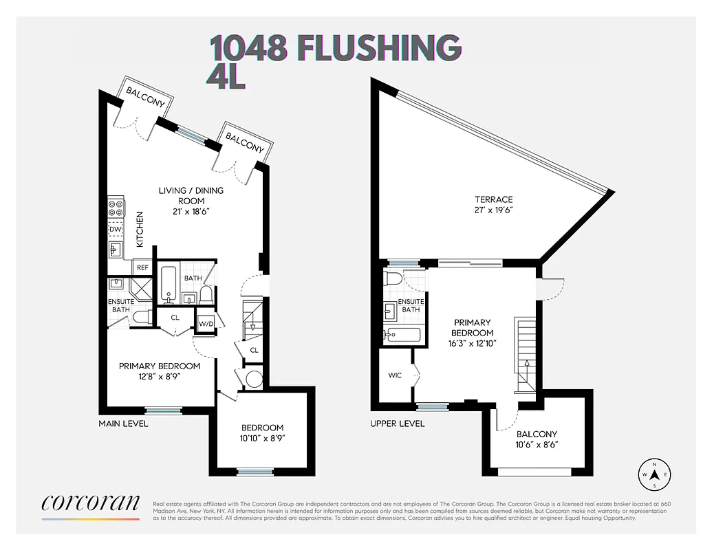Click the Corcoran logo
click(91, 504)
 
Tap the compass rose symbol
click(655, 474)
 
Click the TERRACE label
click(489, 199)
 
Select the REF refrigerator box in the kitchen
click(142, 267)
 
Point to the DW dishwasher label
click(115, 229)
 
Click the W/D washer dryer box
click(206, 323)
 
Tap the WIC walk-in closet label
click(395, 375)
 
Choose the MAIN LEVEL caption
click(123, 423)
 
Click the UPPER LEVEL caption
click(397, 423)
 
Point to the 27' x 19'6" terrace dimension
click(489, 210)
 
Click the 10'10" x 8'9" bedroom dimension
click(262, 438)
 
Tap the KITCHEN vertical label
click(140, 229)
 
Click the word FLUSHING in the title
click(378, 47)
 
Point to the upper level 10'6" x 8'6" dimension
click(537, 445)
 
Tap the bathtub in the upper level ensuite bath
click(402, 335)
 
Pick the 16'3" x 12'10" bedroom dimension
click(473, 343)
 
